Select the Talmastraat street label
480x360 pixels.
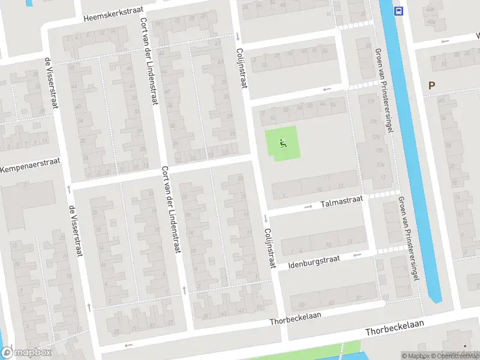pos(341,203)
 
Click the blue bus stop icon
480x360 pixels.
pos(398,10)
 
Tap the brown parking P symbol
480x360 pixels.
pos(431,86)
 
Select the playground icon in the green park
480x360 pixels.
pos(283,143)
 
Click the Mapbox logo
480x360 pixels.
pos(26,352)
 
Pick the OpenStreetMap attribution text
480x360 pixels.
pos(457,356)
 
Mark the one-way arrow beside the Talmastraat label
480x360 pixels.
pos(308,207)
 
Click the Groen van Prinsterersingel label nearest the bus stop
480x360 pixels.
pos(385,90)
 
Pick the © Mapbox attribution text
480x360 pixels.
pos(416,356)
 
